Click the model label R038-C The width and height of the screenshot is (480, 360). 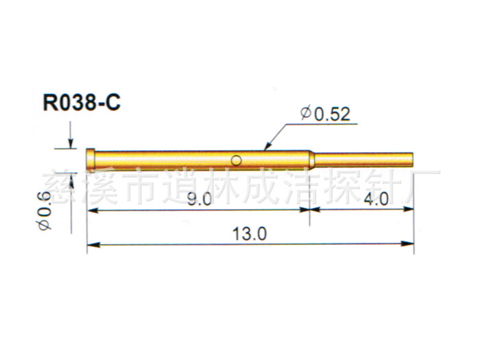point(82,103)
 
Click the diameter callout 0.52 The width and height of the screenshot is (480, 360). point(326,114)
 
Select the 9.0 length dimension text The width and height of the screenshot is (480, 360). point(200,200)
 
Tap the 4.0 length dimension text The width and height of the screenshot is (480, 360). point(376,200)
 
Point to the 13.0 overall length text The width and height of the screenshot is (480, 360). point(250,234)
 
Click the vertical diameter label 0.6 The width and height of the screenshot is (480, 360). point(45,210)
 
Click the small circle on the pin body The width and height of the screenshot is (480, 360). point(237,160)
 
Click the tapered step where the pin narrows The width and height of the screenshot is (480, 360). point(311,159)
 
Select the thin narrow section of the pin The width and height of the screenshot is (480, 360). point(364,160)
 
